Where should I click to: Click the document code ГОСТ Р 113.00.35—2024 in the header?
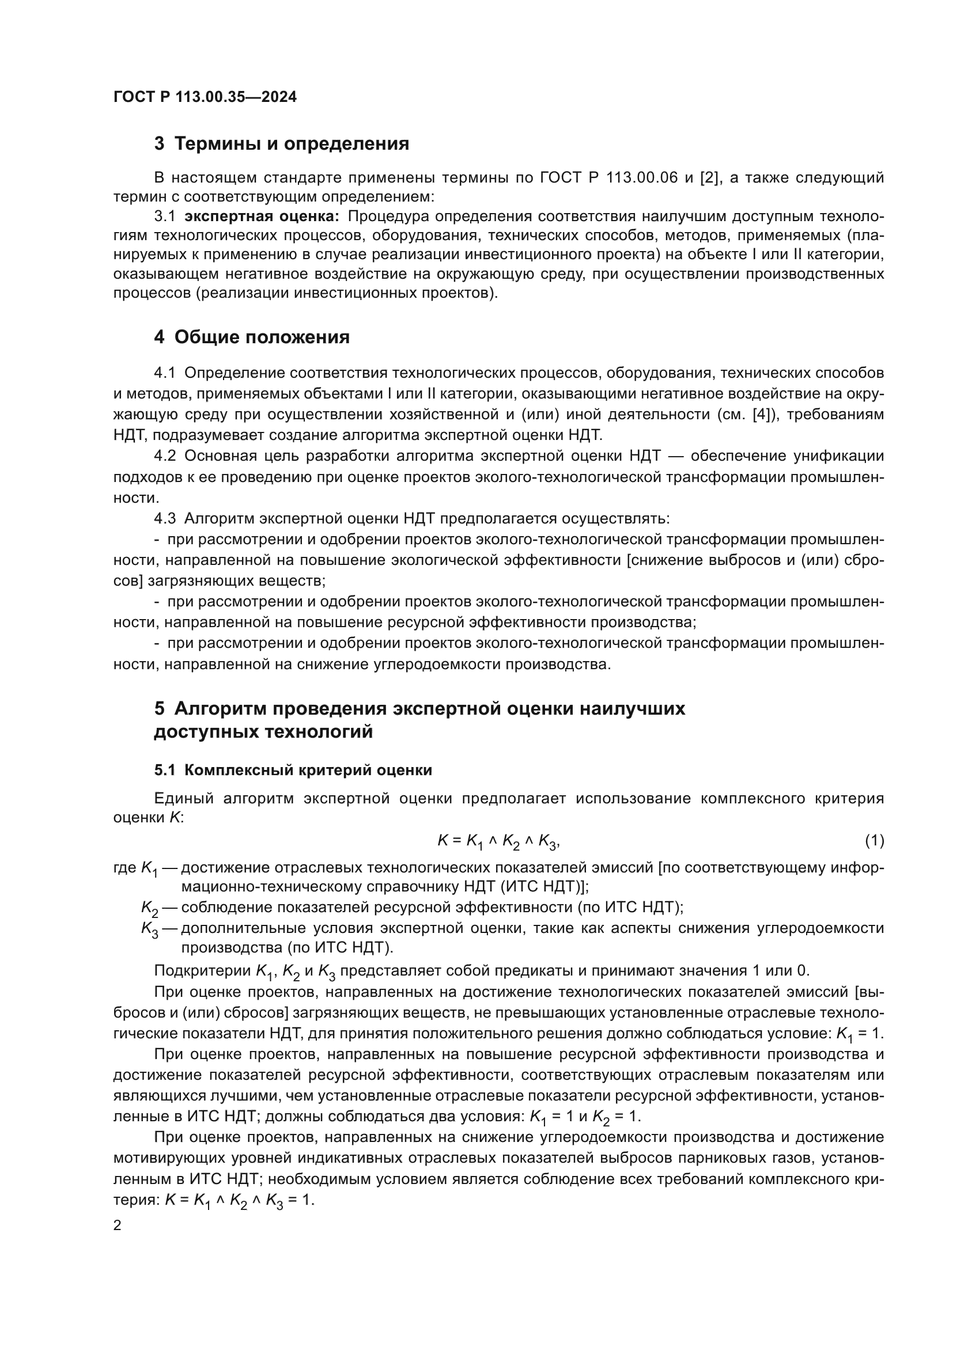coord(205,97)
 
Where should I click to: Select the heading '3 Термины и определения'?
coord(282,144)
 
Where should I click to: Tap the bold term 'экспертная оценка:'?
coord(262,217)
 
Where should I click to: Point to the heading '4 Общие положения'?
coord(252,337)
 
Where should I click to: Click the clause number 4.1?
coord(165,373)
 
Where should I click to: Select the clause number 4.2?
coord(165,456)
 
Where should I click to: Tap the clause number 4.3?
coord(165,519)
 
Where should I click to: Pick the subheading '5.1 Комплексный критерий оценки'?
coord(293,771)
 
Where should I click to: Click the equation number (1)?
coord(875,841)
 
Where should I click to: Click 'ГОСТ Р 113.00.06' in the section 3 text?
coord(608,178)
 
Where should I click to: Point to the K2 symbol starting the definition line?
coord(150,909)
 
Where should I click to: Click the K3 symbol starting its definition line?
coord(150,929)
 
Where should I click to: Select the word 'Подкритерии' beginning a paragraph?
coord(202,971)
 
